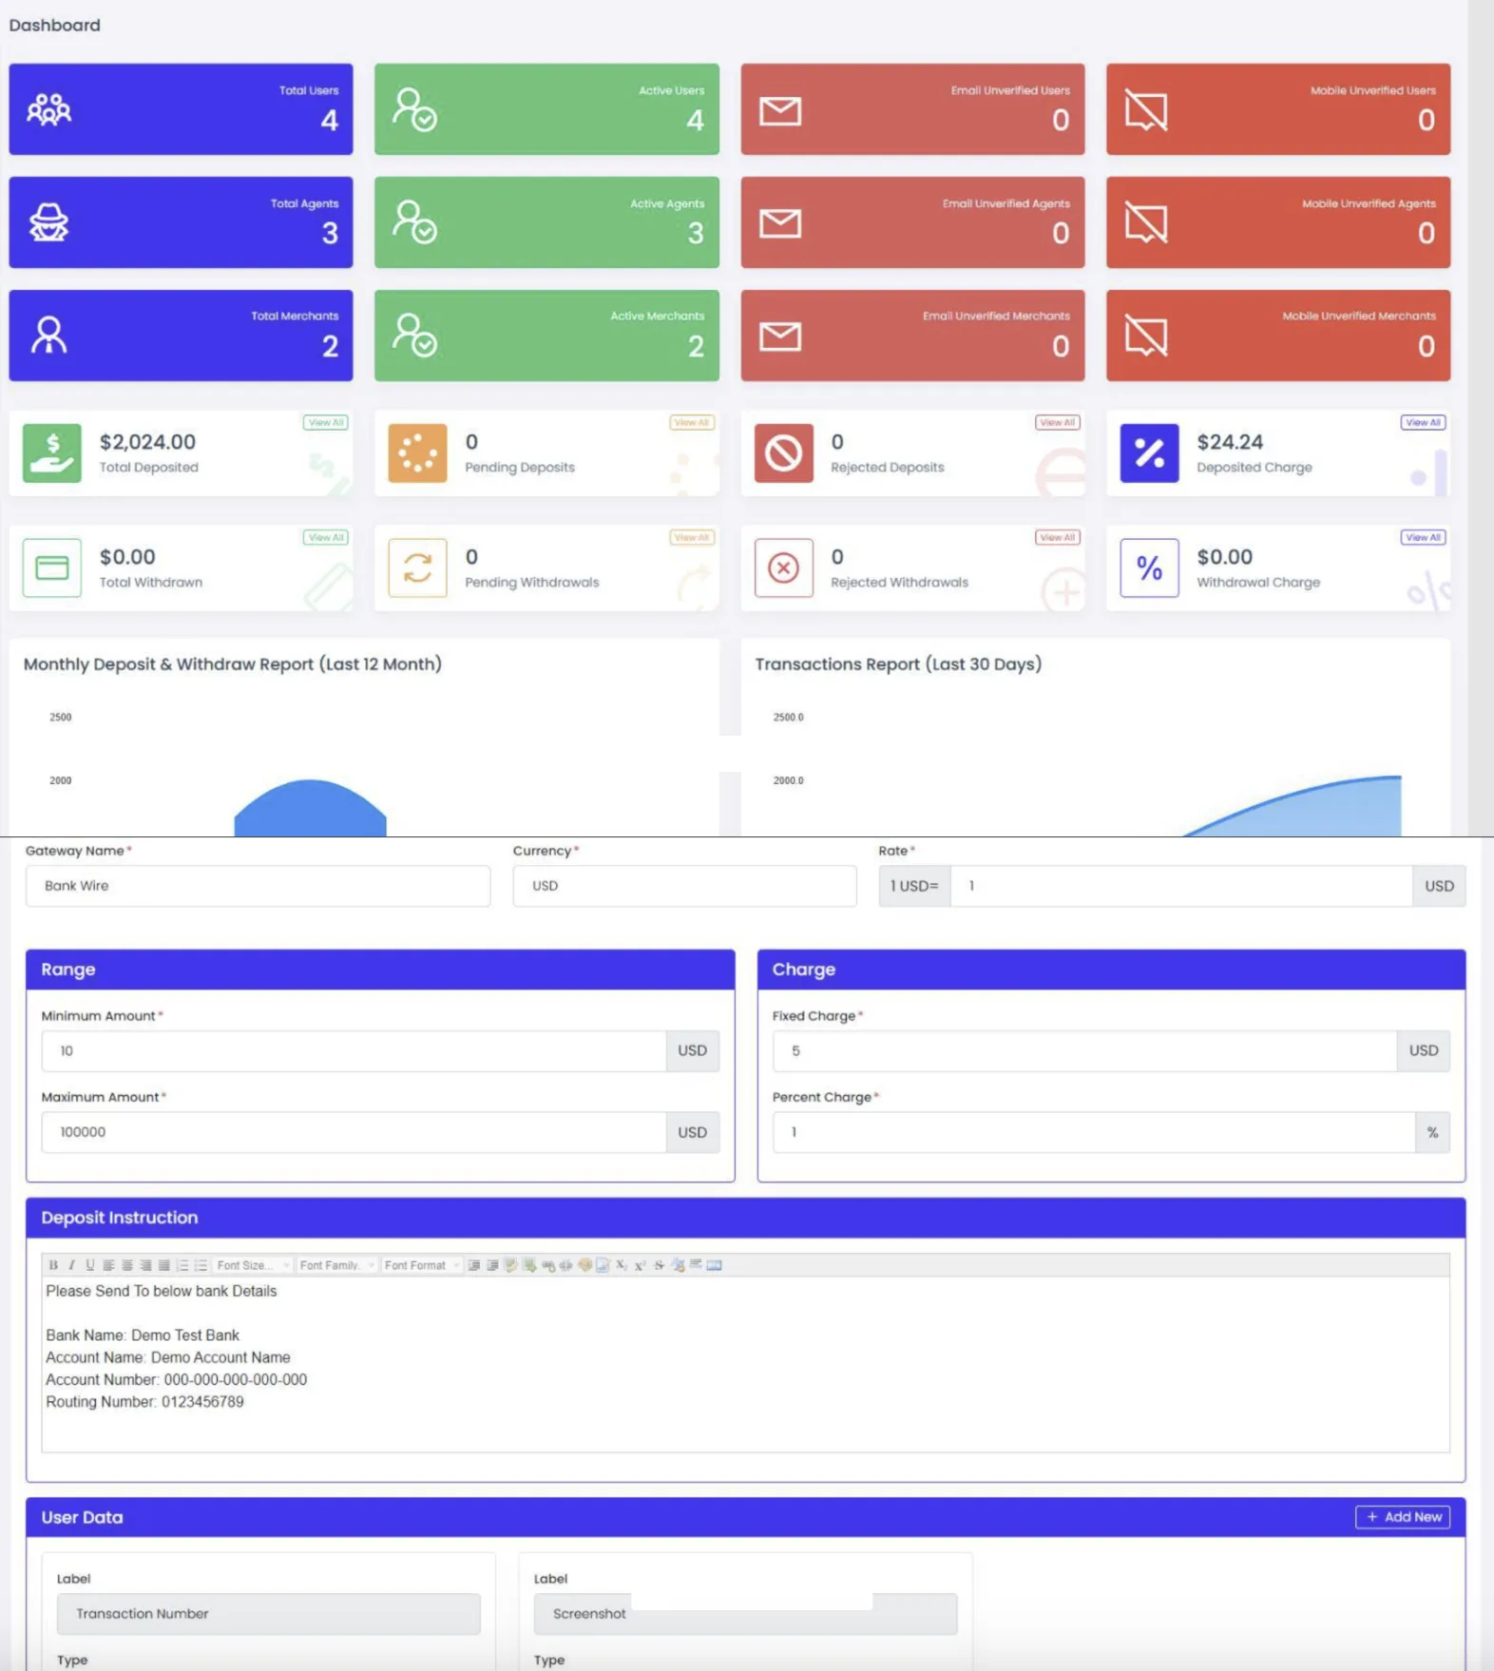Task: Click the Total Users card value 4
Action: point(329,121)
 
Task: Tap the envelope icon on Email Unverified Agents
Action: point(780,223)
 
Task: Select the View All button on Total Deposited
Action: point(326,423)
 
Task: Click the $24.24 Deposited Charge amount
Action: point(1230,442)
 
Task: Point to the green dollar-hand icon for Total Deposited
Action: point(52,453)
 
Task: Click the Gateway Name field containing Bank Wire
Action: point(258,886)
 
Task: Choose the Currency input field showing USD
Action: point(684,886)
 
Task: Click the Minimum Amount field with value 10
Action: point(353,1051)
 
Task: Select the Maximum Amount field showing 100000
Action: point(353,1132)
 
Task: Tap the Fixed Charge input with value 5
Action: point(1083,1051)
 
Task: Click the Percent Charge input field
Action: point(1093,1132)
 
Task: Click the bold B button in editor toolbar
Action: point(53,1265)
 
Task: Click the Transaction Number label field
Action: point(268,1614)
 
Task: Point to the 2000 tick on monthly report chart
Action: point(61,780)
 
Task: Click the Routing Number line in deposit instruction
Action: point(144,1402)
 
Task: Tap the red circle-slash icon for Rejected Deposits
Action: point(784,453)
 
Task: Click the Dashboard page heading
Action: point(54,26)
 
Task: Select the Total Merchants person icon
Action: point(49,336)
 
